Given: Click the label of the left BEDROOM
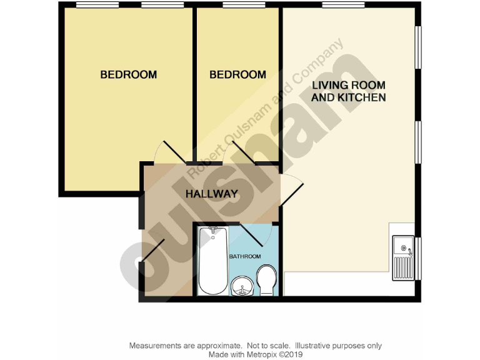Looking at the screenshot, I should tap(129, 75).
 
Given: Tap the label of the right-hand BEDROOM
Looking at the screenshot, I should tap(237, 75).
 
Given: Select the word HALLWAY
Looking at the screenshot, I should tap(212, 194).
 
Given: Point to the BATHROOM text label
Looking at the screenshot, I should tap(245, 257).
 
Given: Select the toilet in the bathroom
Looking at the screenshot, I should tap(267, 281).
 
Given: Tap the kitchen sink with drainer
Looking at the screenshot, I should tap(403, 258).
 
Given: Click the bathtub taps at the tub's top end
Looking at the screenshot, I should tap(213, 231).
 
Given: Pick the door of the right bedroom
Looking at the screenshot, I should tap(244, 152).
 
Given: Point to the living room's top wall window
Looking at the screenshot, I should tap(343, 6).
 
